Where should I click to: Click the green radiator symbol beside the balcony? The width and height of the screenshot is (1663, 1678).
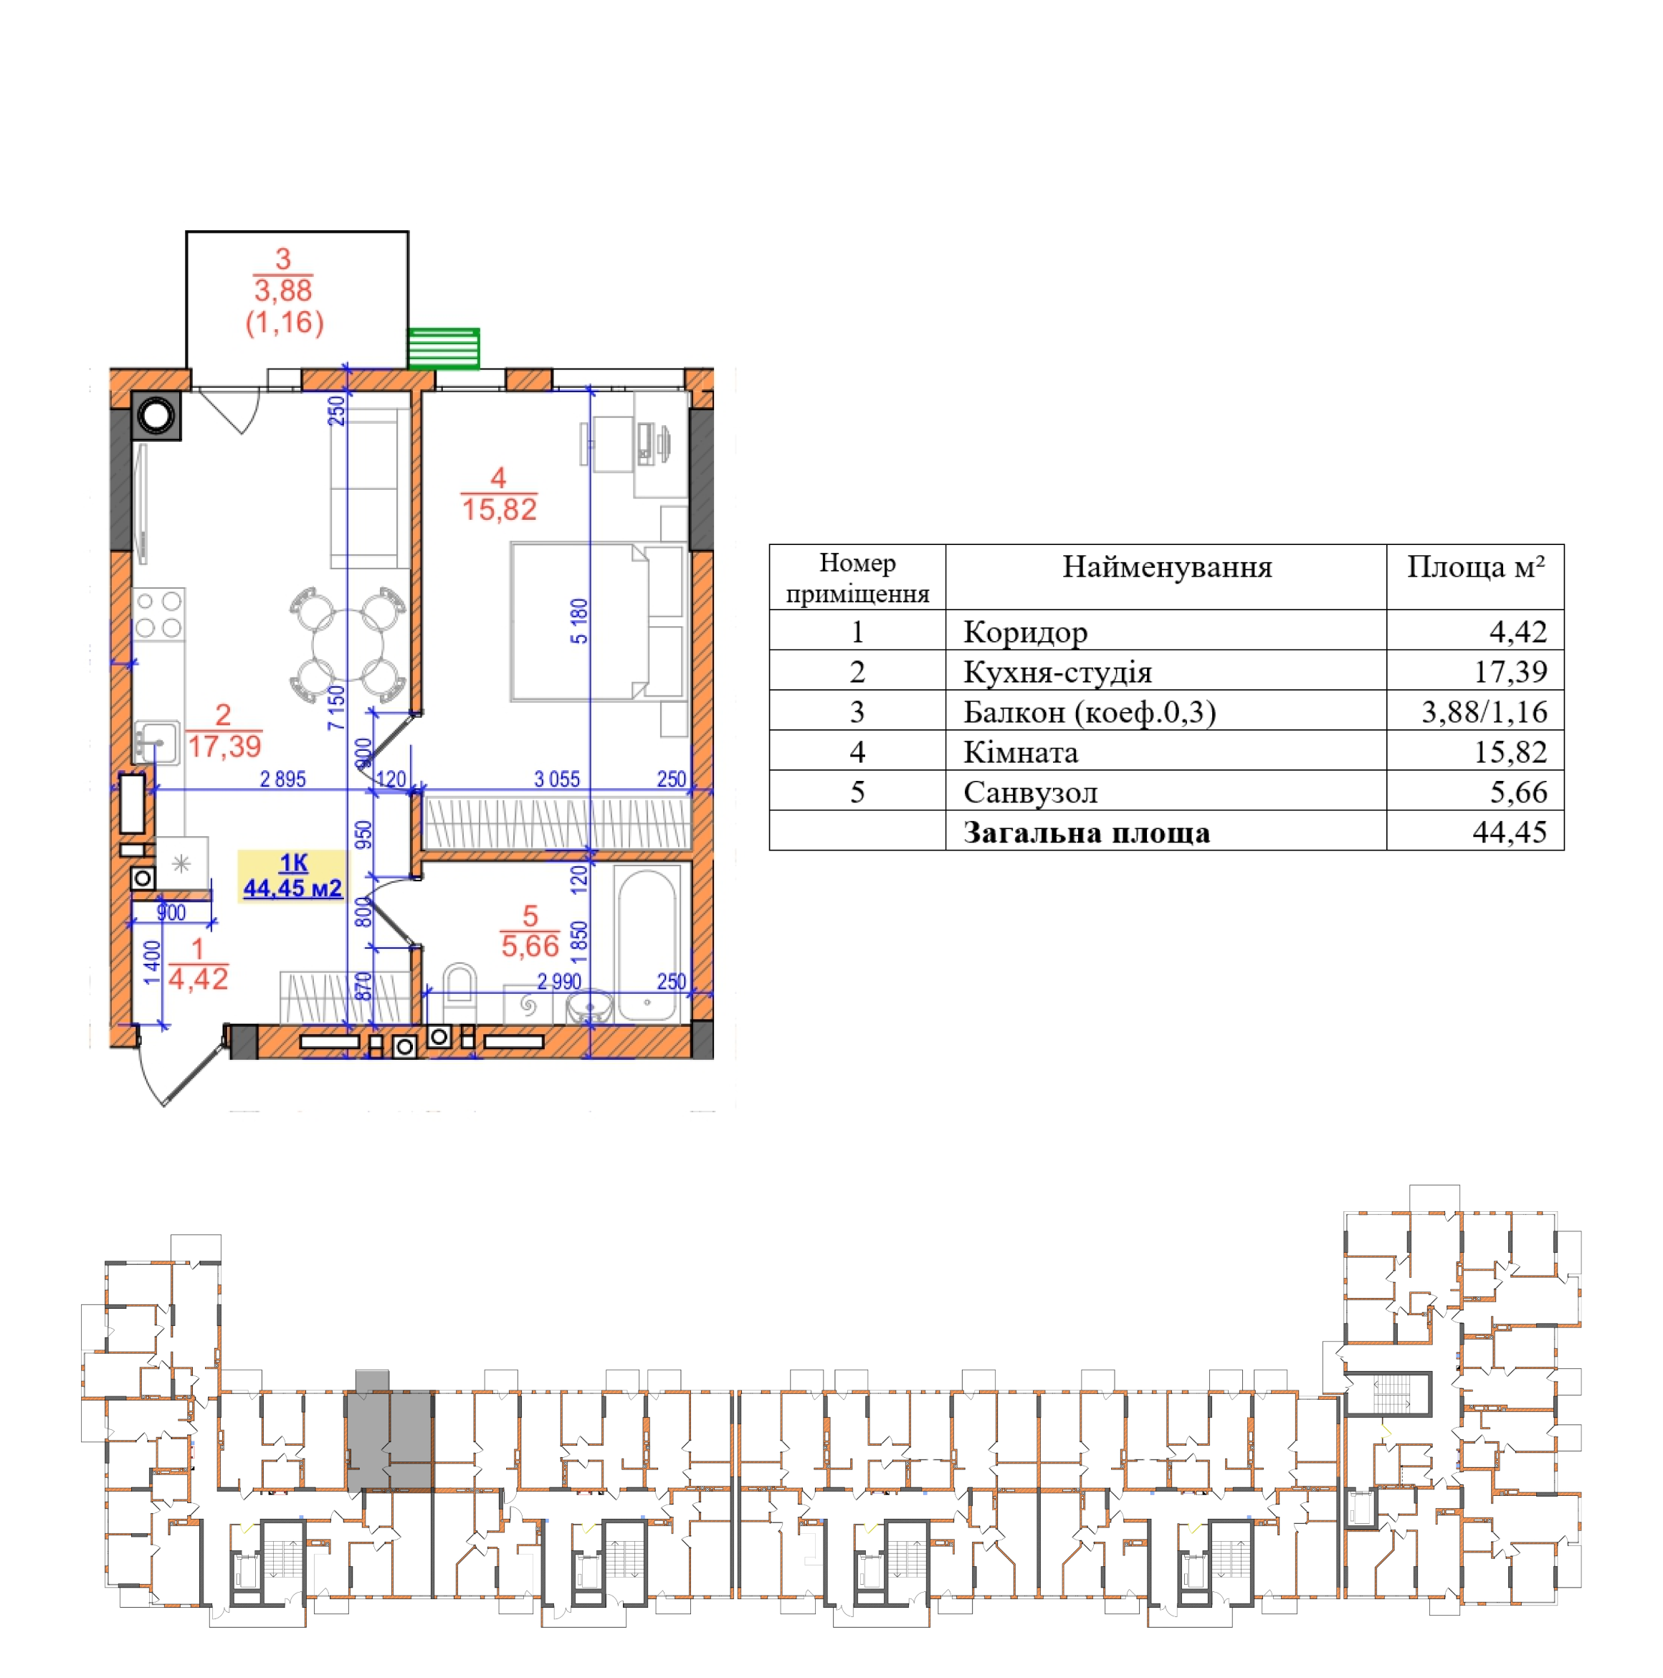(443, 349)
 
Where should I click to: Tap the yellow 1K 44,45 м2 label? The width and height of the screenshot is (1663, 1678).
(292, 876)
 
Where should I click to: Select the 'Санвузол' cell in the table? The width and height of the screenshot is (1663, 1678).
(1030, 792)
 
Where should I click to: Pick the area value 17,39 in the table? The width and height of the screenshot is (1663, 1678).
(1510, 671)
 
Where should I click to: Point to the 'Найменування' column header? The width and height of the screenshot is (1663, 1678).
(1166, 567)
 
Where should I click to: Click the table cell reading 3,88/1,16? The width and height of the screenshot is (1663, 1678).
(1483, 712)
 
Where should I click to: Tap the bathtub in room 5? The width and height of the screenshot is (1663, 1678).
(647, 943)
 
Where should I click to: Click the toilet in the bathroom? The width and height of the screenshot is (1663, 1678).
(459, 991)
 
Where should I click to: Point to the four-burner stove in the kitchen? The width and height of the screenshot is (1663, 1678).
(159, 614)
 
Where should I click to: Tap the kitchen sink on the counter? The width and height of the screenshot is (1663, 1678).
(157, 744)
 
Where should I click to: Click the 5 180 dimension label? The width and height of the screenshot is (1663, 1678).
(579, 621)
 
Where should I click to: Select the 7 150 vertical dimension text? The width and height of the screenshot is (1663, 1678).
(335, 707)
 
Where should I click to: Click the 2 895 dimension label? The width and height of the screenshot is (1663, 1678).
(283, 779)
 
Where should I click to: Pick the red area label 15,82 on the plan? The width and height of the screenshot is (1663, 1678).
(500, 509)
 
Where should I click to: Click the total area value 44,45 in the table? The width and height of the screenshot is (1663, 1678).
(1510, 832)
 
